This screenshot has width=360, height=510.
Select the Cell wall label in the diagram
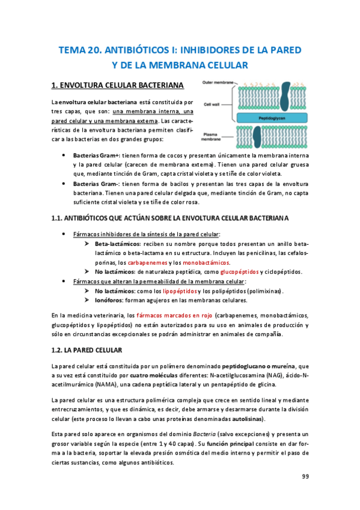[x=212, y=103]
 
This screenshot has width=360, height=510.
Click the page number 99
[x=305, y=476]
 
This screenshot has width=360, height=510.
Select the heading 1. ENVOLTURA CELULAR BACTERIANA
[x=117, y=85]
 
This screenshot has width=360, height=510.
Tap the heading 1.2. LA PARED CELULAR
[x=87, y=349]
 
